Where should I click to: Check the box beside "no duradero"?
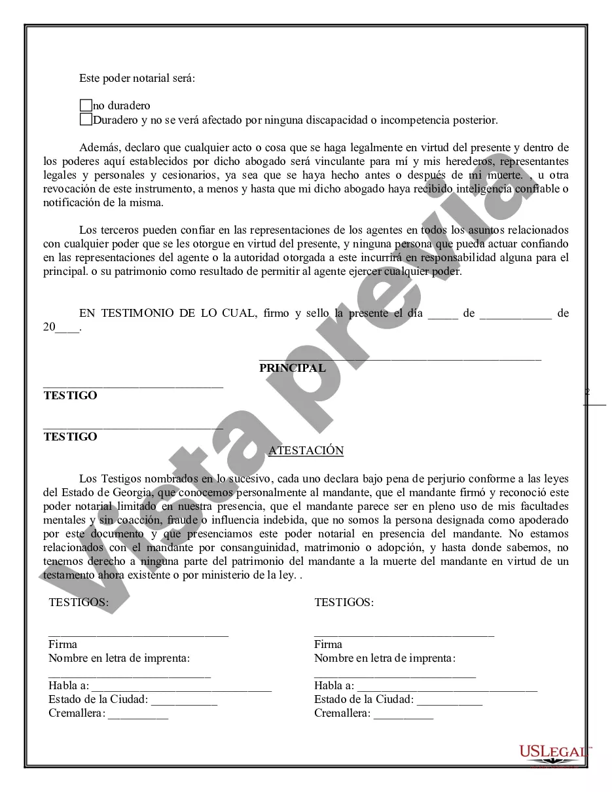click(86, 105)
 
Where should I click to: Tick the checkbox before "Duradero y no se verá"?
click(86, 119)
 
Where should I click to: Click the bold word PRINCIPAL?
click(292, 368)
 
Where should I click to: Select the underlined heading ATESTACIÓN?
click(306, 450)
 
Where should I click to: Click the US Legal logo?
click(554, 753)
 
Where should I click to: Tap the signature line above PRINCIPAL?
click(400, 358)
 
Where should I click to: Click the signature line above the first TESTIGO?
click(133, 386)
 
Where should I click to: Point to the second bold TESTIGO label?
click(70, 437)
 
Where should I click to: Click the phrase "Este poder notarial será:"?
click(137, 78)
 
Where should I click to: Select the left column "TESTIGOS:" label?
click(79, 603)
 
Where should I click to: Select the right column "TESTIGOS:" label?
click(344, 603)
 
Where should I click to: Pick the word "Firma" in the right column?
click(328, 644)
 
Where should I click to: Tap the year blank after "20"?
click(67, 329)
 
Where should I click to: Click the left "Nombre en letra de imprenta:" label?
click(119, 658)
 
